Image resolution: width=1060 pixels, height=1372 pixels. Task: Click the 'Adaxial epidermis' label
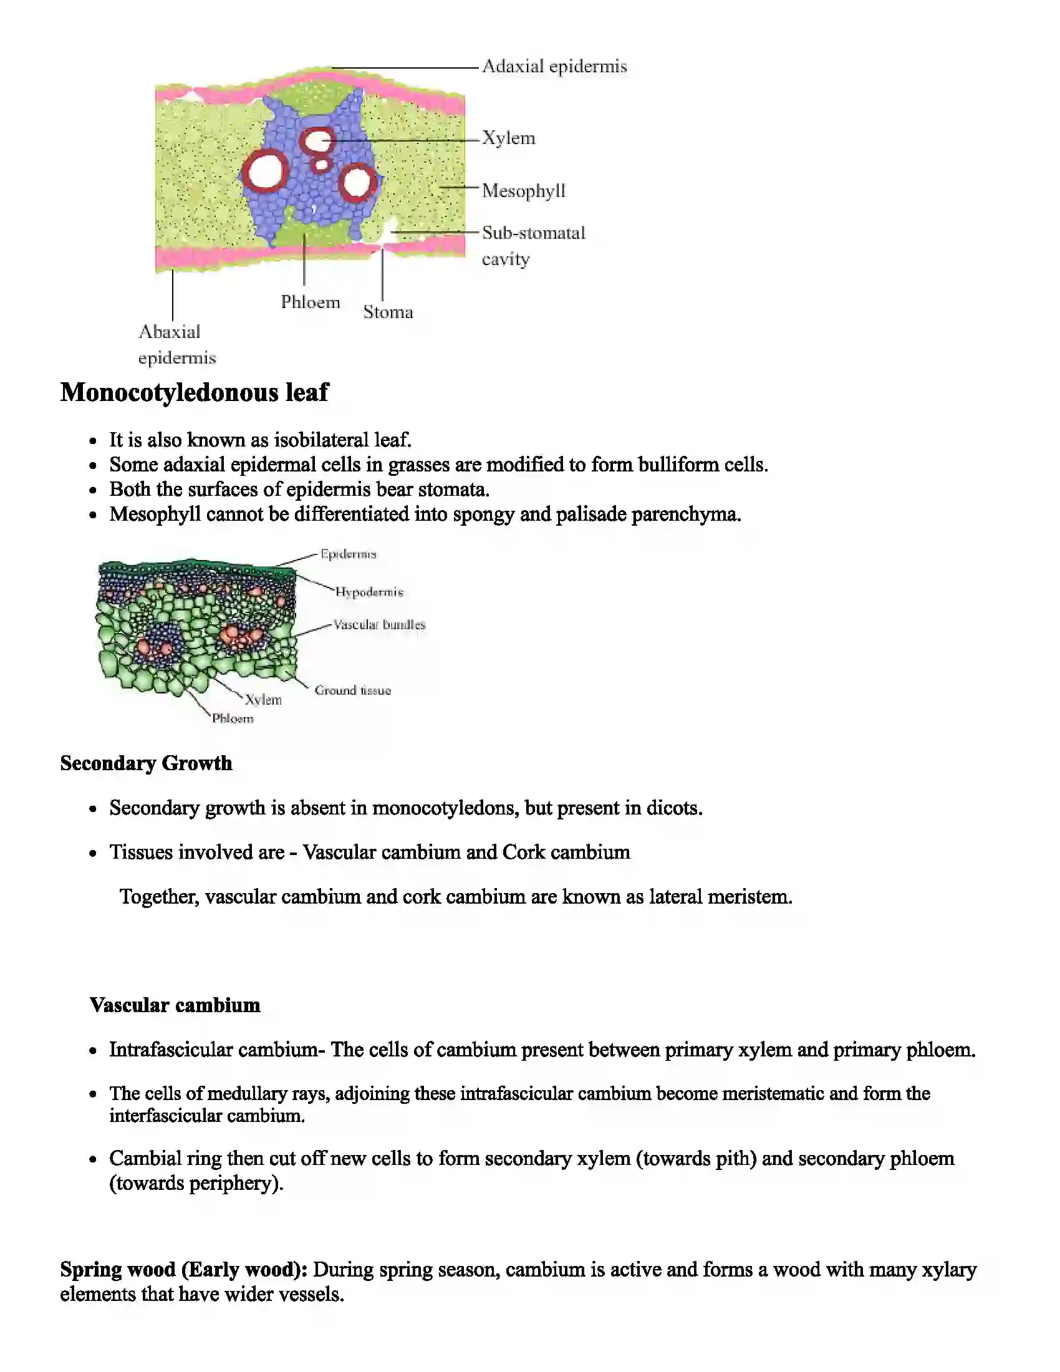click(x=554, y=67)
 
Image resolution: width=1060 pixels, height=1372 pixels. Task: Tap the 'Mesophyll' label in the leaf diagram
click(x=523, y=191)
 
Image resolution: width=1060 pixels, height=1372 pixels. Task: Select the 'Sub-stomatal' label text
click(x=533, y=233)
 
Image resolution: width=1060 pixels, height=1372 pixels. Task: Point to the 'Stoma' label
click(x=388, y=312)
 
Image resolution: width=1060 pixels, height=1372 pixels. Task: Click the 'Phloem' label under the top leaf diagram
click(x=311, y=302)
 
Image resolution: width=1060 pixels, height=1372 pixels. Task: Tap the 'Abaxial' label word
click(x=170, y=332)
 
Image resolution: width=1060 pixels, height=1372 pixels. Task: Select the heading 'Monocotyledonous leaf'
click(x=194, y=393)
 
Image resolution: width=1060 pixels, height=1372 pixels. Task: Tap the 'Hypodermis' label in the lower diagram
click(x=369, y=592)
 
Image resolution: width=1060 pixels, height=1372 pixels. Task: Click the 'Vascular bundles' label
click(x=379, y=624)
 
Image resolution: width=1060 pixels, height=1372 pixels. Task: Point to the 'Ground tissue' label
click(x=352, y=690)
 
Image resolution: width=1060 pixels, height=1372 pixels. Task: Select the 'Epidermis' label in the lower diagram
click(x=349, y=554)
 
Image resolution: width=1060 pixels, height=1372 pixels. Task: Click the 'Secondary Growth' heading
click(x=146, y=763)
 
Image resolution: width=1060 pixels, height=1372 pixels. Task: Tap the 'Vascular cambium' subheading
click(x=175, y=1005)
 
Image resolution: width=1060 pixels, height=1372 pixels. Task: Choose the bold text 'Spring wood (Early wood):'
click(x=183, y=1270)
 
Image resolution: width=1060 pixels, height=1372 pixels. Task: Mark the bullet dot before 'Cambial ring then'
click(x=93, y=1159)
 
